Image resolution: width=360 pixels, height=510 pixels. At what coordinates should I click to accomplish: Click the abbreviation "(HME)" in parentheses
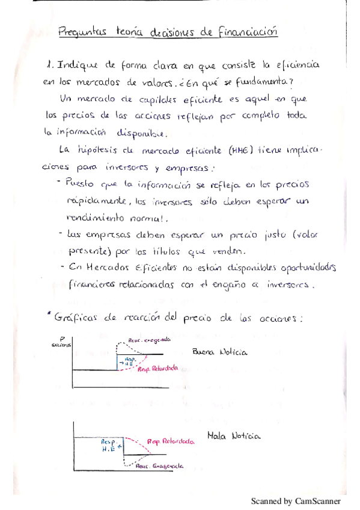[242, 150]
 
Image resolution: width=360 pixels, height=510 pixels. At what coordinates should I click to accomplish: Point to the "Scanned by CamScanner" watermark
[296, 500]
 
